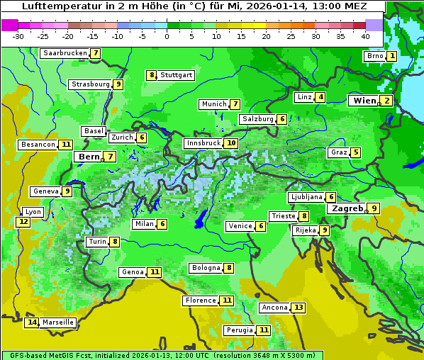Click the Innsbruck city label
pyautogui.click(x=203, y=143)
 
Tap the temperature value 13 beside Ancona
pyautogui.click(x=298, y=308)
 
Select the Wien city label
pyautogui.click(x=364, y=101)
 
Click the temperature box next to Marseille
pyautogui.click(x=31, y=322)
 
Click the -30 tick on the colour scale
pyautogui.click(x=18, y=36)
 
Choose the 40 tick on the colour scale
pyautogui.click(x=365, y=36)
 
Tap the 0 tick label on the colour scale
pyautogui.click(x=167, y=36)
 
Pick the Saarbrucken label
pyautogui.click(x=65, y=53)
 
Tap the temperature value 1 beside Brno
pyautogui.click(x=392, y=56)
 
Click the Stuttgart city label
pyautogui.click(x=176, y=75)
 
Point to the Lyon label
pyautogui.click(x=33, y=212)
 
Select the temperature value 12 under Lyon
pyautogui.click(x=23, y=222)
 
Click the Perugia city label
pyautogui.click(x=239, y=330)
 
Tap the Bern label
pyautogui.click(x=89, y=157)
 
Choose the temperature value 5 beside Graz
pyautogui.click(x=355, y=152)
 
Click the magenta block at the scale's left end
pyautogui.click(x=9, y=25)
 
